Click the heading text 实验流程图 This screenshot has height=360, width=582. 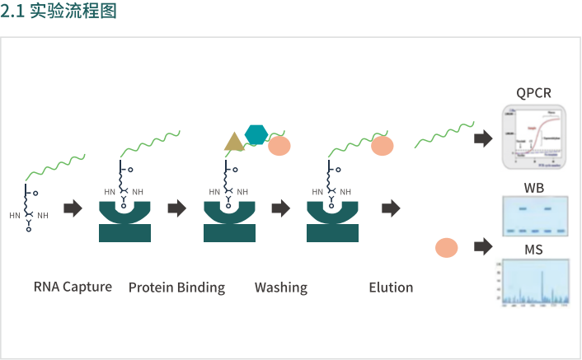(x=73, y=12)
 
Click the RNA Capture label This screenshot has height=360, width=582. (x=73, y=288)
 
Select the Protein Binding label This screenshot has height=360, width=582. (x=176, y=288)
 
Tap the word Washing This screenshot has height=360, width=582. (x=280, y=288)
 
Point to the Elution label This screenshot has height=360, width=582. (x=391, y=288)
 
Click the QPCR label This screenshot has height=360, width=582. (x=533, y=92)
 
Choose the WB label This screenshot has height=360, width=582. (x=533, y=187)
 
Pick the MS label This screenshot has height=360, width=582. (x=533, y=250)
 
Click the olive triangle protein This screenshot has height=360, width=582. (x=234, y=142)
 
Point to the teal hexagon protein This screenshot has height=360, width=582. (x=256, y=133)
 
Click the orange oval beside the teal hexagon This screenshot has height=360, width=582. (x=279, y=147)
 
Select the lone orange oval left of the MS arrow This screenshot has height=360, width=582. (x=446, y=247)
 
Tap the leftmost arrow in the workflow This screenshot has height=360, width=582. (x=73, y=208)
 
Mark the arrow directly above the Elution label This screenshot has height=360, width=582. (x=391, y=208)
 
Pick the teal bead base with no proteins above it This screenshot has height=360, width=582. (x=125, y=222)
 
